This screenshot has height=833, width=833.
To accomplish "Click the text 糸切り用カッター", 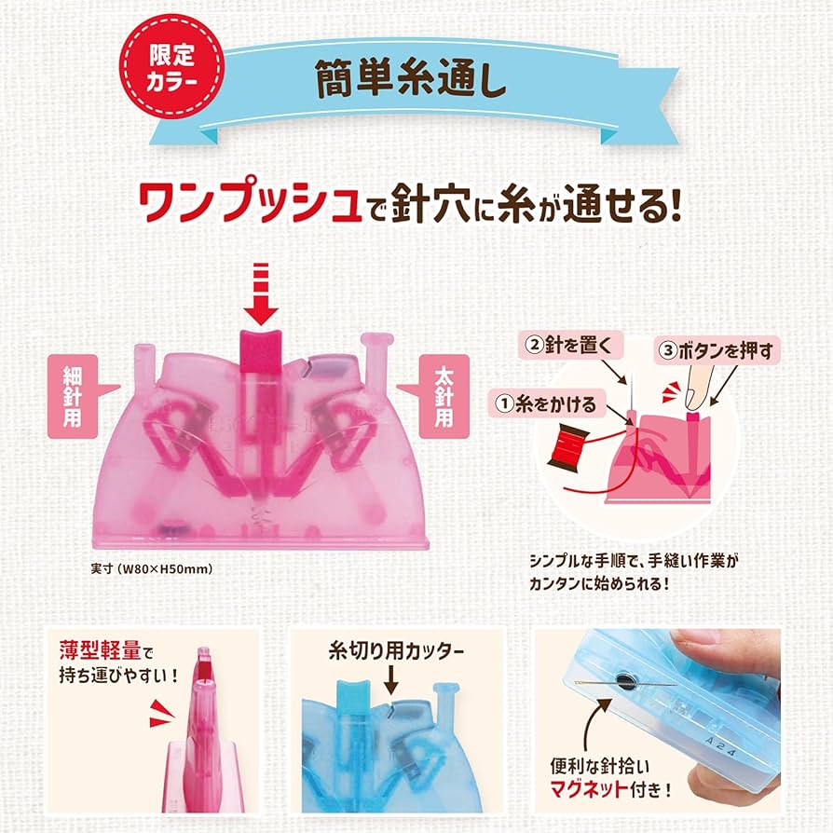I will pos(395,652).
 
